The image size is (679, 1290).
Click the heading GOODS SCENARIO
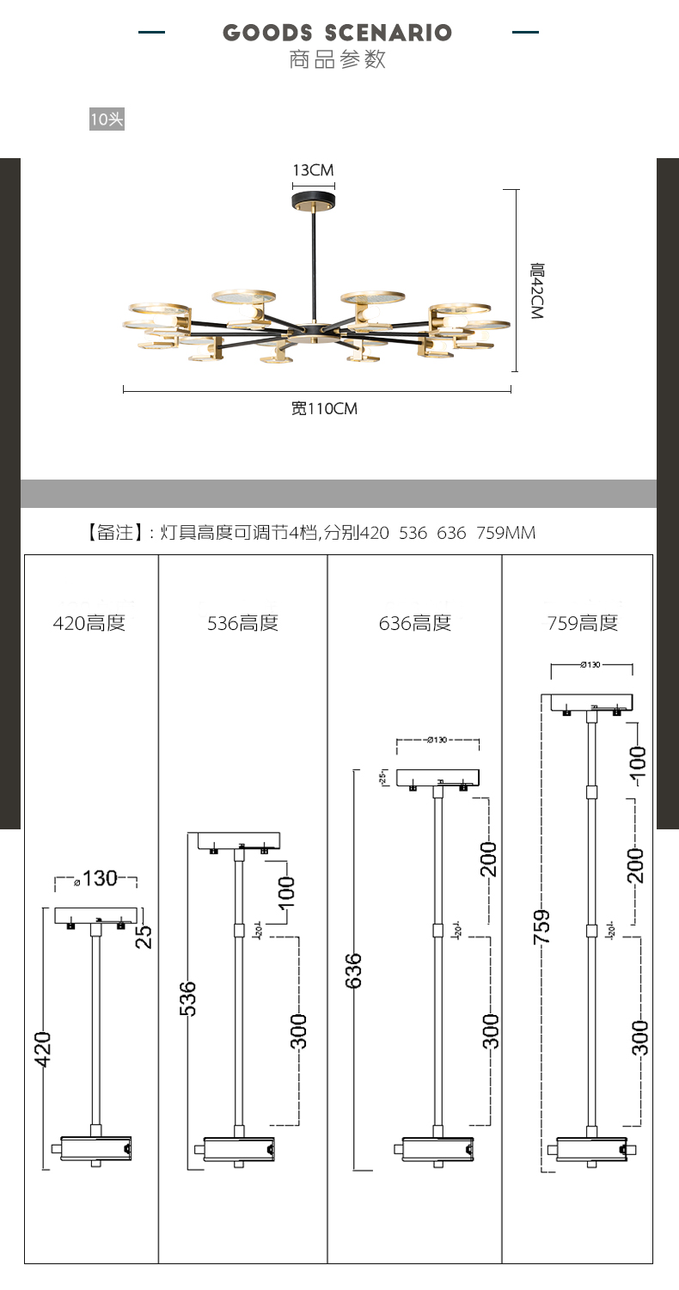pyautogui.click(x=337, y=34)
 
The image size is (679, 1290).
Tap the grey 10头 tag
pyautogui.click(x=107, y=119)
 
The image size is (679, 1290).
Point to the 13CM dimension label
pyautogui.click(x=314, y=170)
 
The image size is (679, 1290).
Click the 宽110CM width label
pyautogui.click(x=323, y=409)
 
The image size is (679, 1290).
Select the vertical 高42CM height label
pyautogui.click(x=537, y=291)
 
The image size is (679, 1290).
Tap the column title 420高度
pyautogui.click(x=89, y=623)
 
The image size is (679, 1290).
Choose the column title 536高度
pyautogui.click(x=243, y=623)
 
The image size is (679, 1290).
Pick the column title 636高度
pyautogui.click(x=415, y=623)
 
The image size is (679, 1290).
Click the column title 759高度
pyautogui.click(x=583, y=623)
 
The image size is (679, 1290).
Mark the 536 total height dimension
pyautogui.click(x=189, y=999)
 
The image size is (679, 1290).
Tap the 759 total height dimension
pyautogui.click(x=541, y=927)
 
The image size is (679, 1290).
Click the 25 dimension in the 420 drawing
pyautogui.click(x=145, y=935)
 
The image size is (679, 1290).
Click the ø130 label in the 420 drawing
pyautogui.click(x=96, y=878)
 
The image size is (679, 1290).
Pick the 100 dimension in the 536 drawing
pyautogui.click(x=286, y=892)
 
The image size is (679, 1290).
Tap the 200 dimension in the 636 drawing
pyautogui.click(x=488, y=859)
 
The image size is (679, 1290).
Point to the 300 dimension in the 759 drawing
pyautogui.click(x=639, y=1037)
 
